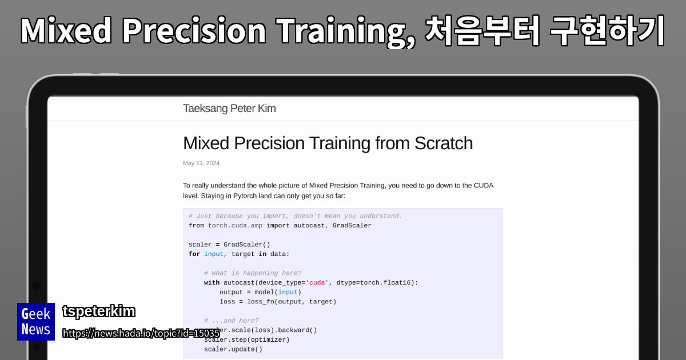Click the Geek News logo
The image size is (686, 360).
(36, 322)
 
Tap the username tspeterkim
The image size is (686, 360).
(98, 311)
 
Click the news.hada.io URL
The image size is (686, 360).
(141, 333)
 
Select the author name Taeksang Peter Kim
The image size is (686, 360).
(229, 109)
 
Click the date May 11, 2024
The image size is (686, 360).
(201, 163)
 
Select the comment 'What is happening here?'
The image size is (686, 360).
(252, 273)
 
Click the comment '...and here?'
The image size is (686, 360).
(231, 321)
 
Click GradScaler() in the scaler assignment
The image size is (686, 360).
(246, 245)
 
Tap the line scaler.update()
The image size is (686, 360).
(233, 349)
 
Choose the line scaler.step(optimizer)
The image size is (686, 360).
(247, 339)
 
